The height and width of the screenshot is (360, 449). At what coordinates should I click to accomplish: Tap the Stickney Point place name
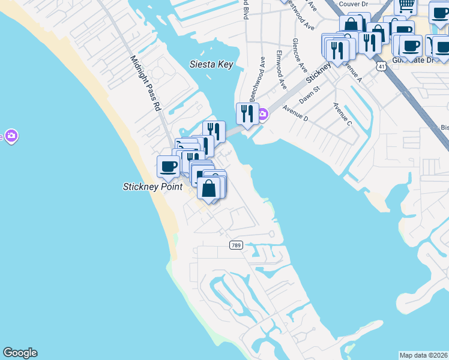click(x=152, y=187)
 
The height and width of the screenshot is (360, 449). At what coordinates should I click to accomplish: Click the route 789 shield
click(x=236, y=245)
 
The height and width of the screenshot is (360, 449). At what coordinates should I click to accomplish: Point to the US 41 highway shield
click(x=381, y=66)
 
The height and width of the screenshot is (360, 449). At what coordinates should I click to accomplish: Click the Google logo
click(x=20, y=353)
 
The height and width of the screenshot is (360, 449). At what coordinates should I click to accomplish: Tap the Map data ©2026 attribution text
click(x=423, y=355)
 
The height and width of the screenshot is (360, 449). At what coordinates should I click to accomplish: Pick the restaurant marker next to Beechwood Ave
click(x=246, y=113)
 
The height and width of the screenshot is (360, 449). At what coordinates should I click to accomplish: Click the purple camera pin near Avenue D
click(x=263, y=114)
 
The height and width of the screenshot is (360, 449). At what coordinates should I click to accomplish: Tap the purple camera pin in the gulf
click(x=10, y=136)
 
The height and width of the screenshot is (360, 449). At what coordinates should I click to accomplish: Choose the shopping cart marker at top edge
click(x=406, y=5)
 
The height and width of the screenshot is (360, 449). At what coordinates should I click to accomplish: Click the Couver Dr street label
click(x=353, y=4)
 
